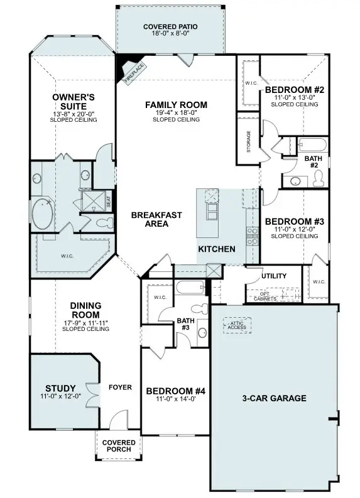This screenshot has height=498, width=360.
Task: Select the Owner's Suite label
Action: click(x=73, y=102)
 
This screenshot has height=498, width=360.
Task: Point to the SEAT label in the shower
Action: click(x=109, y=202)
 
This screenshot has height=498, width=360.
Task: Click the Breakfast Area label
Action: click(x=156, y=219)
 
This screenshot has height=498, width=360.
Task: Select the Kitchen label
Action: click(x=217, y=249)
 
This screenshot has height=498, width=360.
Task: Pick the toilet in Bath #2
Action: click(x=318, y=178)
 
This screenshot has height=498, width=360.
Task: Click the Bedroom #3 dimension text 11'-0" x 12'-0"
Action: click(x=293, y=230)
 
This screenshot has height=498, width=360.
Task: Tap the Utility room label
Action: click(x=273, y=276)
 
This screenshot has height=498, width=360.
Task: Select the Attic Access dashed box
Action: click(x=237, y=324)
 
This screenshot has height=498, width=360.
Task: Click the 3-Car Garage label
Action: click(x=274, y=398)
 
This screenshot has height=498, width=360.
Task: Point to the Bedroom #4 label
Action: click(x=175, y=391)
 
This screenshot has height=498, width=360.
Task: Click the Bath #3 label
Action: click(x=185, y=323)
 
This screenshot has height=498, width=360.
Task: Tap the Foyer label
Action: click(x=120, y=387)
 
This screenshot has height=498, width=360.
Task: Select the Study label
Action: click(x=60, y=388)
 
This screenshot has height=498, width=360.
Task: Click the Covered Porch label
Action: click(x=119, y=446)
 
